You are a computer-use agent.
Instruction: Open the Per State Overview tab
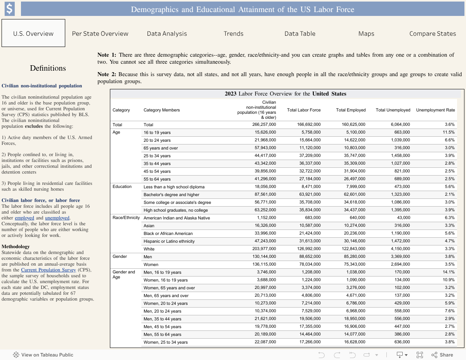click(x=100, y=34)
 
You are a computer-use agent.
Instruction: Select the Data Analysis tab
click(x=167, y=34)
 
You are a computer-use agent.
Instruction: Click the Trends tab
click(x=233, y=34)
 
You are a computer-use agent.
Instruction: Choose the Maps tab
click(x=366, y=34)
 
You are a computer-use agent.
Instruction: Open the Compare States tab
click(x=433, y=34)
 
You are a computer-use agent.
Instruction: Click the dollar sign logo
click(x=9, y=9)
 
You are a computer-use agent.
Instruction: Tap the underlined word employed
click(x=24, y=218)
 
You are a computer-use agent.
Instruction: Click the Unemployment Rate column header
click(x=435, y=110)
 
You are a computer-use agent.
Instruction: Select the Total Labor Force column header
click(x=304, y=110)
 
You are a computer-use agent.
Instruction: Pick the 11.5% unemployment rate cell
click(x=449, y=132)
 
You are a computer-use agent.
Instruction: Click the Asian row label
click(x=149, y=226)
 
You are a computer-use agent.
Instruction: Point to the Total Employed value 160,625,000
click(x=351, y=125)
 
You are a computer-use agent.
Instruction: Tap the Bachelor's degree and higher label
click(x=171, y=195)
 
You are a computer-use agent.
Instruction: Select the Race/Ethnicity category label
click(x=126, y=217)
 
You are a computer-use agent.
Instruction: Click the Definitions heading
click(x=48, y=68)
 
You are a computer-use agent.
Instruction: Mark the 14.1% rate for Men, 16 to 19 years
click(x=449, y=272)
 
